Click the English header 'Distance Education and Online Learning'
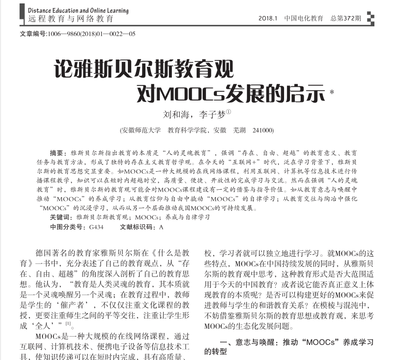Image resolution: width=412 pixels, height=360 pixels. tap(78, 10)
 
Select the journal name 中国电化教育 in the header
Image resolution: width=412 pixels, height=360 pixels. tap(304, 19)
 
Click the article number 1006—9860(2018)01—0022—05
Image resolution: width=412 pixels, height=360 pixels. tap(90, 34)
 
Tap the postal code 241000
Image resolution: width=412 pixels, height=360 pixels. tap(263, 130)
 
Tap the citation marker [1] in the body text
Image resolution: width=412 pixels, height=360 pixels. tap(69, 324)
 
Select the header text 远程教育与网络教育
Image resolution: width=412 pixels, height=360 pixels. tap(71, 19)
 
